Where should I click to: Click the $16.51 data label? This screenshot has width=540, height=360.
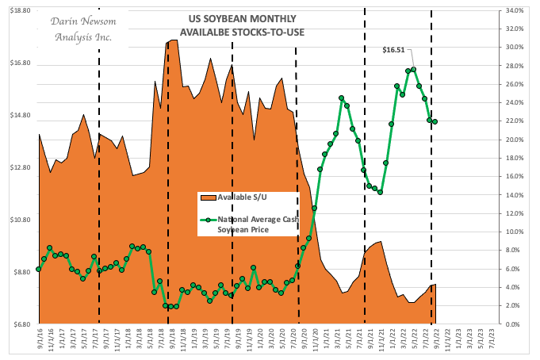click(394, 49)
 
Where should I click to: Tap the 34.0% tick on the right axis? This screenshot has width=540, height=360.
click(514, 10)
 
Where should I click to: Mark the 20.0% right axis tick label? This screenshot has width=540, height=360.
click(514, 140)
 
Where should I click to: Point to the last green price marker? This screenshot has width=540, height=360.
click(435, 121)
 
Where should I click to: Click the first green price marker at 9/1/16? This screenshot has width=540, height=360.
click(38, 270)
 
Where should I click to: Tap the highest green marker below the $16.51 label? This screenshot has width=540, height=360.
click(413, 70)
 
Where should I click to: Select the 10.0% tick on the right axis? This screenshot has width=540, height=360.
click(514, 232)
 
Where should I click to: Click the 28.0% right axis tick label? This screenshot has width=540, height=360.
click(514, 66)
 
